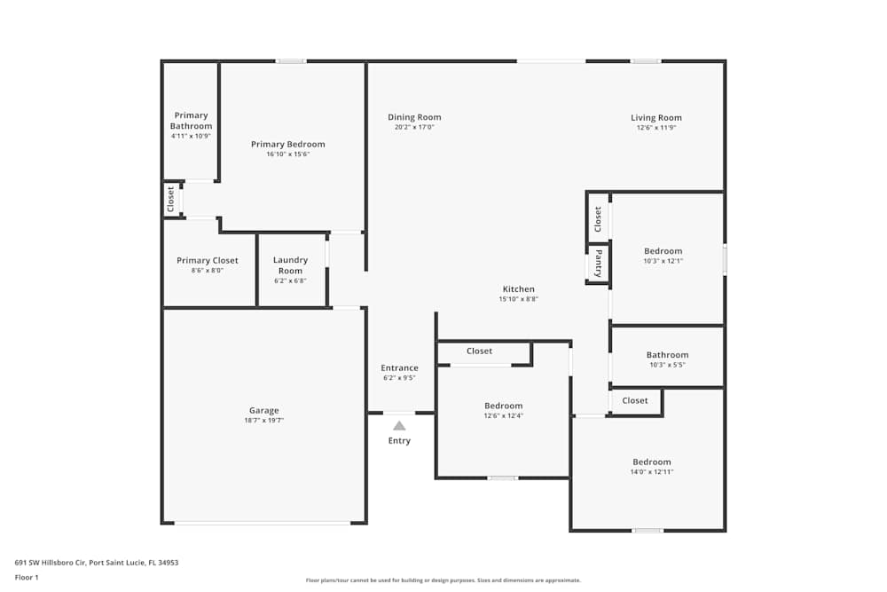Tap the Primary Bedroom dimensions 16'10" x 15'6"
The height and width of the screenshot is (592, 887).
pyautogui.click(x=287, y=154)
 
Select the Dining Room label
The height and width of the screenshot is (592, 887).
pyautogui.click(x=414, y=117)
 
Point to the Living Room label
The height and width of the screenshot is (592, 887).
pyautogui.click(x=656, y=117)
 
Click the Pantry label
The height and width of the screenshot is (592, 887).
pyautogui.click(x=599, y=264)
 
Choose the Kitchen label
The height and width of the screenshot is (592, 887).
pyautogui.click(x=519, y=289)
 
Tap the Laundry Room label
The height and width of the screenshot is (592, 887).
pyautogui.click(x=290, y=265)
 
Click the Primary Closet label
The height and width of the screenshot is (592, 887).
pyautogui.click(x=208, y=261)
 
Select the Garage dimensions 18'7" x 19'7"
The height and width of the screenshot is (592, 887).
pyautogui.click(x=263, y=421)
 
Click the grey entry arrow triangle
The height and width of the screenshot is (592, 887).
pyautogui.click(x=399, y=425)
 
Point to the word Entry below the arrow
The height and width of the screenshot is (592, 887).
pyautogui.click(x=399, y=441)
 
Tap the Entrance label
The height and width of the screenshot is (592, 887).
pyautogui.click(x=399, y=367)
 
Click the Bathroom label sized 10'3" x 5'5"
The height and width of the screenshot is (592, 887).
pyautogui.click(x=667, y=355)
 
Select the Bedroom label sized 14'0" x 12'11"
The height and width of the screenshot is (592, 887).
pyautogui.click(x=652, y=462)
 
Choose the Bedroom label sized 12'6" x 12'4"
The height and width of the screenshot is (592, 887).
pyautogui.click(x=503, y=406)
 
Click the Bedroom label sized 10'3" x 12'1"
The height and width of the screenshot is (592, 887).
pyautogui.click(x=663, y=251)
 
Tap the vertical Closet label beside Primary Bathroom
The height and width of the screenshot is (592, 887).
pyautogui.click(x=171, y=199)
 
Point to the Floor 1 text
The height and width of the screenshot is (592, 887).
pyautogui.click(x=27, y=577)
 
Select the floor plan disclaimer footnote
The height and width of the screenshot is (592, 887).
pyautogui.click(x=443, y=580)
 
